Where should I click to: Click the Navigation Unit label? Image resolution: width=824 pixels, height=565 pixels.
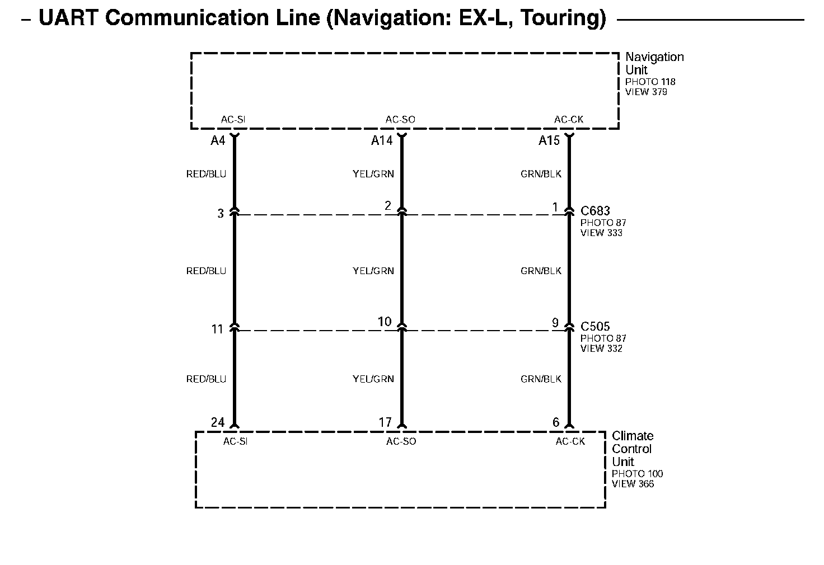click(654, 63)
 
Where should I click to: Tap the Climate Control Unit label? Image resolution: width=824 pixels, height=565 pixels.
click(632, 449)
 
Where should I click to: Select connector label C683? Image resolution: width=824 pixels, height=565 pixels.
click(595, 211)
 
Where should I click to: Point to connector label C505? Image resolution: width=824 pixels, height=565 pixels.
click(595, 326)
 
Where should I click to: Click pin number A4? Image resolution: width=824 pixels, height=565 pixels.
click(218, 141)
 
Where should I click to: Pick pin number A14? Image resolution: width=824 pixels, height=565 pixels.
click(382, 141)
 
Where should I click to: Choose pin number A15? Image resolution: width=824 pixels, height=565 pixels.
click(549, 141)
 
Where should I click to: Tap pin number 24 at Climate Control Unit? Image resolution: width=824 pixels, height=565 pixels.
click(218, 423)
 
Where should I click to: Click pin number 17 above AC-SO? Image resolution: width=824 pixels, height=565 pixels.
click(385, 423)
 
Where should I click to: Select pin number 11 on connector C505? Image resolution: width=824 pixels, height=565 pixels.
click(218, 329)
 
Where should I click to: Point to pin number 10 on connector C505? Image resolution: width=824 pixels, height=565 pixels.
click(385, 322)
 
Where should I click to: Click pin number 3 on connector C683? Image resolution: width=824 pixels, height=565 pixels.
click(221, 214)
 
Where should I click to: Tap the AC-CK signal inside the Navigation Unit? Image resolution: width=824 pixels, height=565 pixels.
click(569, 120)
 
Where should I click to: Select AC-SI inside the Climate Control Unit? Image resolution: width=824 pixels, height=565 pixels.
click(235, 442)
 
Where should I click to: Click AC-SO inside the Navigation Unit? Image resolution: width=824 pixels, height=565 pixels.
click(400, 120)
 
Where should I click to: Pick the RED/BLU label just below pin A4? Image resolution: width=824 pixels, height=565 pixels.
click(206, 174)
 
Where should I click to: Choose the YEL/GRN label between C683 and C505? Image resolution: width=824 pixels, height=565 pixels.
click(373, 271)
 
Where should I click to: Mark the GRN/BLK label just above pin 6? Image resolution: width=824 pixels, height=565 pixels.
click(541, 379)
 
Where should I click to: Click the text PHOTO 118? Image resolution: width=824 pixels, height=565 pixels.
click(650, 82)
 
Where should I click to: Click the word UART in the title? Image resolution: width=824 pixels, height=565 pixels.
click(68, 18)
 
